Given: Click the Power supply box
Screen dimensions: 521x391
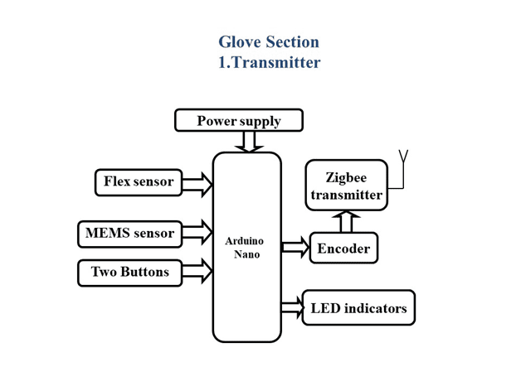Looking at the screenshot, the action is click(x=239, y=120).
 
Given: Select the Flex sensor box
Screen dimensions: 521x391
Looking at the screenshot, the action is click(x=139, y=182).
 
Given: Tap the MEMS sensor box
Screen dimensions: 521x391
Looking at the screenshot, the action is click(x=130, y=234).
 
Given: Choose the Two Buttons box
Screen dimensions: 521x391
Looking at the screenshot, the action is click(x=130, y=273).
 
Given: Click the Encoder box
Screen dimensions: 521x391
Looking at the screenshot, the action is click(x=343, y=248).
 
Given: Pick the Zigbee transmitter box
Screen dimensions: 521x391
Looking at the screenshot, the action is click(x=346, y=186).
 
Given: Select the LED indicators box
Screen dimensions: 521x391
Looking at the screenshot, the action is click(x=358, y=307).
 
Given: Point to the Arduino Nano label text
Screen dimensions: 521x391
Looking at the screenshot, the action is click(x=245, y=248).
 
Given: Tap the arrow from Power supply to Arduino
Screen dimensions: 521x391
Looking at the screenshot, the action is click(x=249, y=142).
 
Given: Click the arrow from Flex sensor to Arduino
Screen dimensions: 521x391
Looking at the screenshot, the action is click(x=197, y=184).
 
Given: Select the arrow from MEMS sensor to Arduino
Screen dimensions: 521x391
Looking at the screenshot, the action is click(x=197, y=232).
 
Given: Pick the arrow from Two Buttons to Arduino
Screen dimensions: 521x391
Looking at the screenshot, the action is click(x=197, y=271).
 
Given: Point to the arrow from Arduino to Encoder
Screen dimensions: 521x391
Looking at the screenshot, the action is click(x=295, y=247).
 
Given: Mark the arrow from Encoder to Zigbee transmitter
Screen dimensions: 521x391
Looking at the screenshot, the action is click(x=346, y=221).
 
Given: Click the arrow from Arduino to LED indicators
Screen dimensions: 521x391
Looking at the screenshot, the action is click(x=293, y=307).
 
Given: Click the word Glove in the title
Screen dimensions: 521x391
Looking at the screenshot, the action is click(x=239, y=42).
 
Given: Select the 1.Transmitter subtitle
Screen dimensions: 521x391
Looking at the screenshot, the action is click(x=269, y=62).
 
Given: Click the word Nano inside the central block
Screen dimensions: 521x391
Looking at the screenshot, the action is click(x=246, y=254).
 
